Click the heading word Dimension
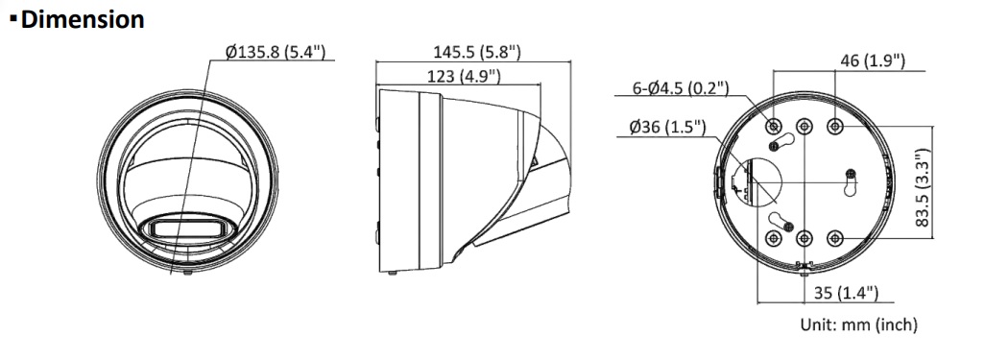coord(83,19)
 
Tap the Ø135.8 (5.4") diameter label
coord(275,52)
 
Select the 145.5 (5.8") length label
coord(477,52)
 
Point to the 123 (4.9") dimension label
coord(464,76)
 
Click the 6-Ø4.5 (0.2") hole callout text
coord(681,88)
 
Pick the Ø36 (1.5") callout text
coord(667,128)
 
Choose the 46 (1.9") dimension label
coord(873,60)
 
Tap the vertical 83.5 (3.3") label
coord(922,188)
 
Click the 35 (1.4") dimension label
coord(846,292)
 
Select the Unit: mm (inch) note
coord(858,324)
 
